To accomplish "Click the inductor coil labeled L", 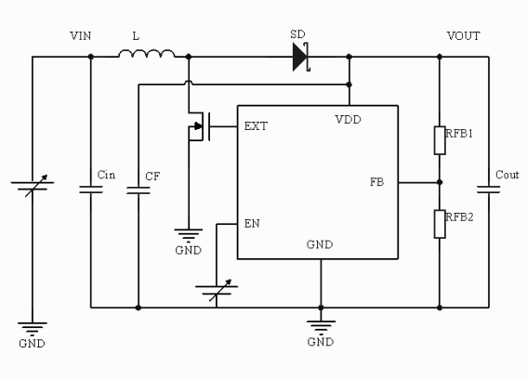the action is (147, 53).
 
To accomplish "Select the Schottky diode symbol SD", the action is (301, 57).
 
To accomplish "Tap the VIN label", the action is (80, 35).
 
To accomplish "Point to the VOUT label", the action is (463, 35).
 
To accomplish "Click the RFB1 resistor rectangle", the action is (440, 140).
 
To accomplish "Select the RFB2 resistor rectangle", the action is (440, 224).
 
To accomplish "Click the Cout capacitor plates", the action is (488, 190).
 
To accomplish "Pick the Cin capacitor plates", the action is (91, 190).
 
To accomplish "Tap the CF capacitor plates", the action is (138, 190).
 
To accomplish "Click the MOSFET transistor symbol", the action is (199, 126).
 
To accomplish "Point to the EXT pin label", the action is (256, 126).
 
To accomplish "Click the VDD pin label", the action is (348, 119).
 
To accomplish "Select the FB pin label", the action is (376, 182).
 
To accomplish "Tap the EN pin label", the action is (252, 223).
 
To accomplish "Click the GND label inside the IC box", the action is (320, 244).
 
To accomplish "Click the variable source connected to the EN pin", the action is (217, 290).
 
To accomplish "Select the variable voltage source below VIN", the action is (33, 186).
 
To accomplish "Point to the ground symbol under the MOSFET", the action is (188, 234).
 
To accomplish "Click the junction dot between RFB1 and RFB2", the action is (440, 182).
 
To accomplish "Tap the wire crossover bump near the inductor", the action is (189, 82).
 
